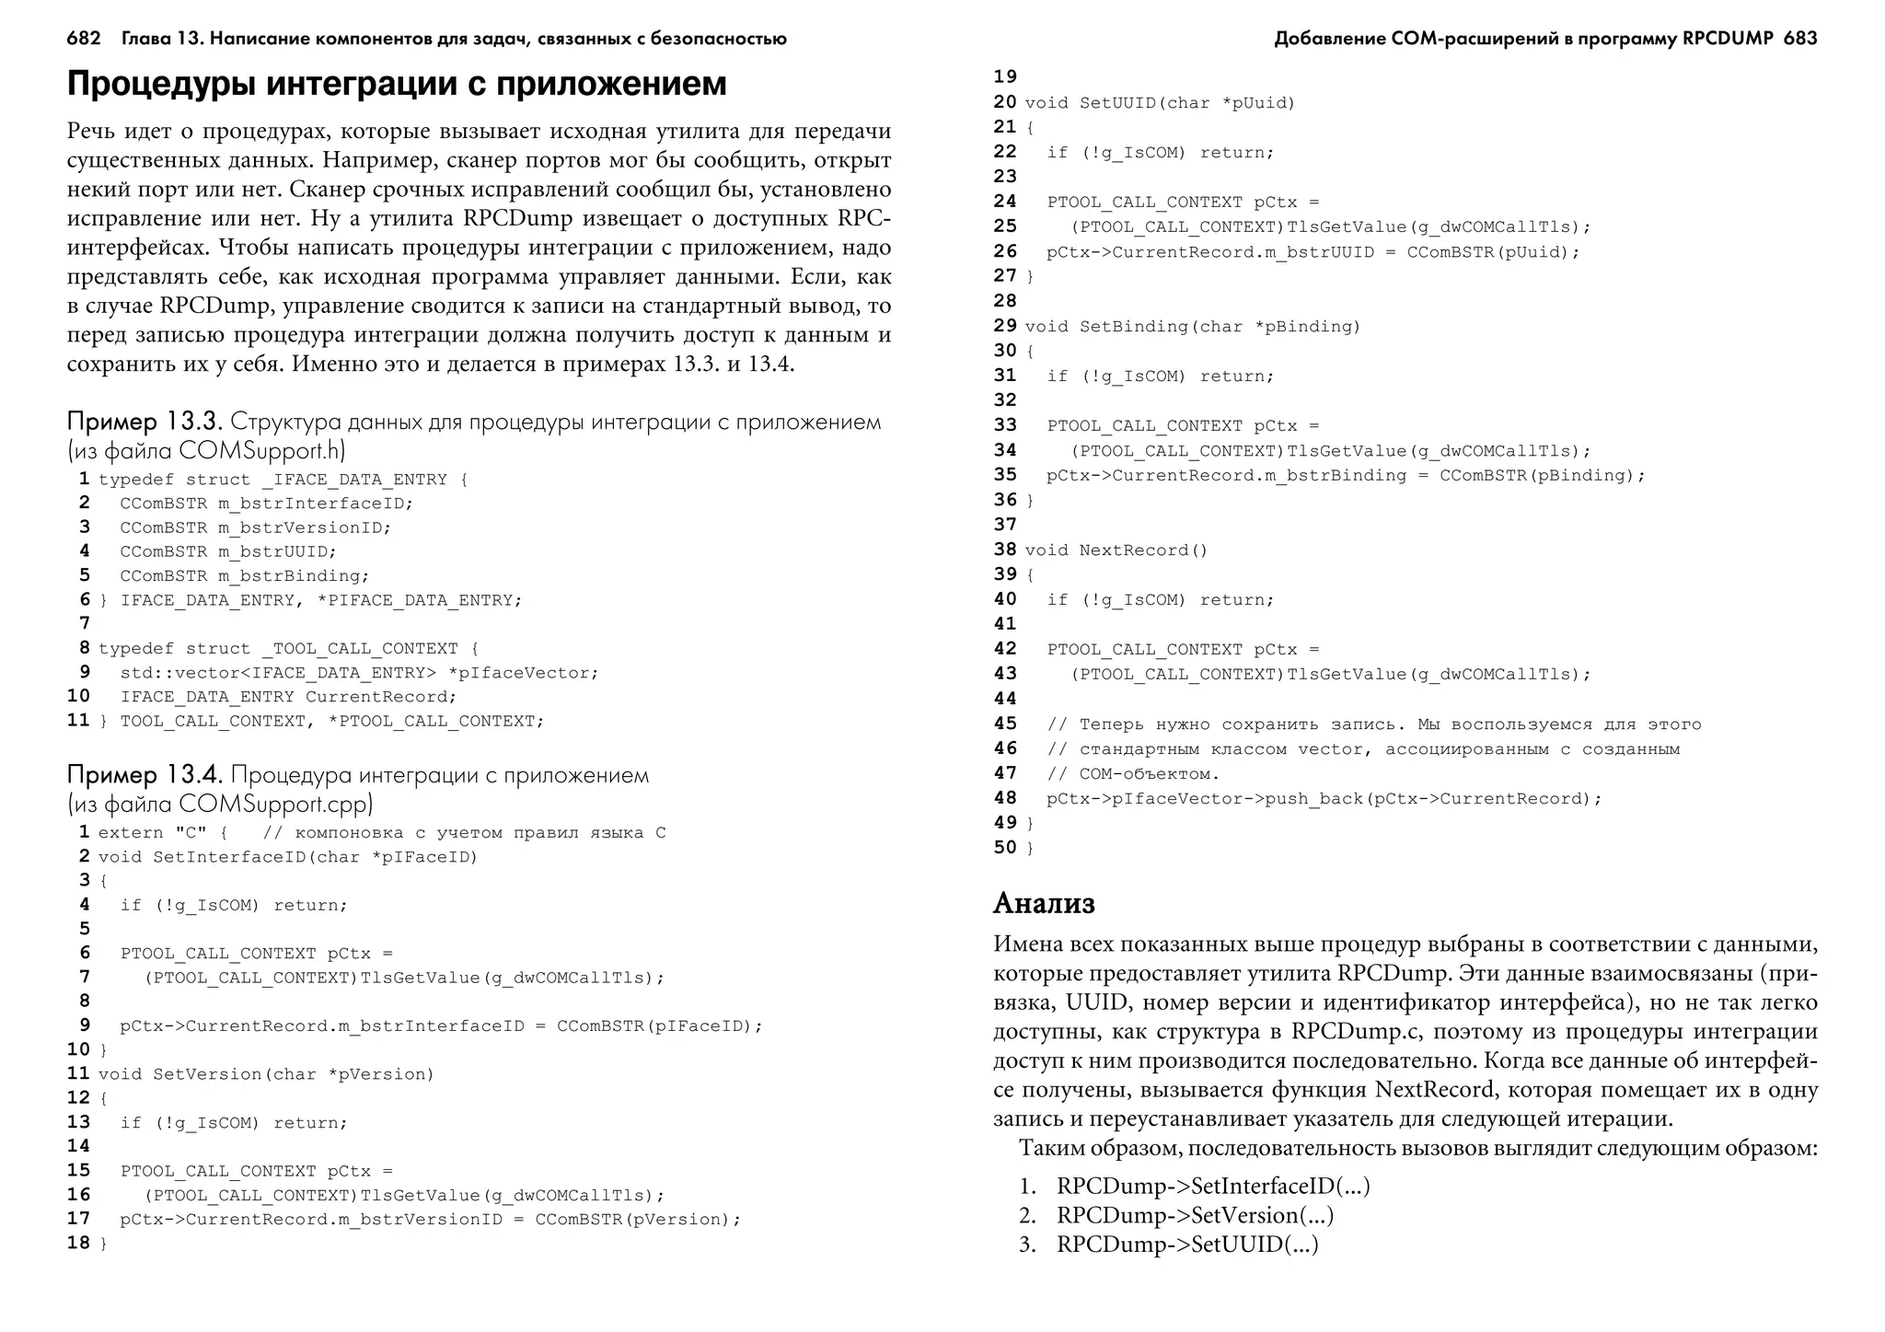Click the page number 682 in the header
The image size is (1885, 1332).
(x=84, y=39)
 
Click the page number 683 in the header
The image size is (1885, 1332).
(x=1799, y=39)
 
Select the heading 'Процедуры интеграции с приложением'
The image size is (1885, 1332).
(x=397, y=84)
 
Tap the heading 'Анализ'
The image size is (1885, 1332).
(x=1044, y=903)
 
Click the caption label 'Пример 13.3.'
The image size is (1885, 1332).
(x=145, y=422)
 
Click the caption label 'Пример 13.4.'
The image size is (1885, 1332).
(x=145, y=775)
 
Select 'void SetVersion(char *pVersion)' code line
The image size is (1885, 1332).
(x=265, y=1074)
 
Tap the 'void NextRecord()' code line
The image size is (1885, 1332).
(x=1116, y=550)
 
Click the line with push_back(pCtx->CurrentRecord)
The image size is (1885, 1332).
(x=1324, y=799)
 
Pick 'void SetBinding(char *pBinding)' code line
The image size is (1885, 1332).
(x=1192, y=327)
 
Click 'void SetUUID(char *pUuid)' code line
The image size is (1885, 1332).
(x=1160, y=103)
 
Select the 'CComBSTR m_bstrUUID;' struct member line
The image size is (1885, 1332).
(x=227, y=551)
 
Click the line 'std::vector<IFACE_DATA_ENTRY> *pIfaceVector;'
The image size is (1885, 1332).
(x=359, y=673)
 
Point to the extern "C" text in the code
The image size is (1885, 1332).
(x=152, y=833)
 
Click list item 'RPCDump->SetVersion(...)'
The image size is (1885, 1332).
(x=1195, y=1215)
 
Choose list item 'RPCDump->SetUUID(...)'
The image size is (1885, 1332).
(x=1187, y=1245)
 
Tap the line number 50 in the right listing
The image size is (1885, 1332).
(x=1005, y=847)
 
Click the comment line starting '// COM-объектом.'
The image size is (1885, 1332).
(x=1132, y=774)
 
